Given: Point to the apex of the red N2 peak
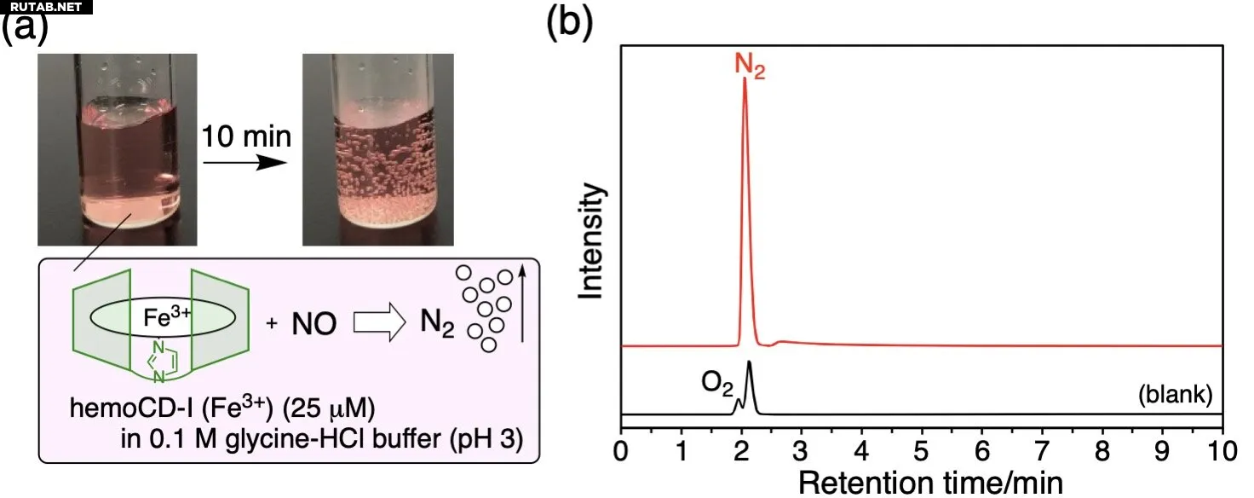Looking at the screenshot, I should pos(745,79).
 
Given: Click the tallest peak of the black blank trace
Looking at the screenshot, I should pos(749,363).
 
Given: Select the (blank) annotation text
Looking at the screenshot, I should pos(1175,395).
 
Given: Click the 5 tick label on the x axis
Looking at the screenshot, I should pos(922,449).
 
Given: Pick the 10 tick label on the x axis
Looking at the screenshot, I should pos(1222,449).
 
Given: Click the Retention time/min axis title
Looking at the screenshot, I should pos(921,482).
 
